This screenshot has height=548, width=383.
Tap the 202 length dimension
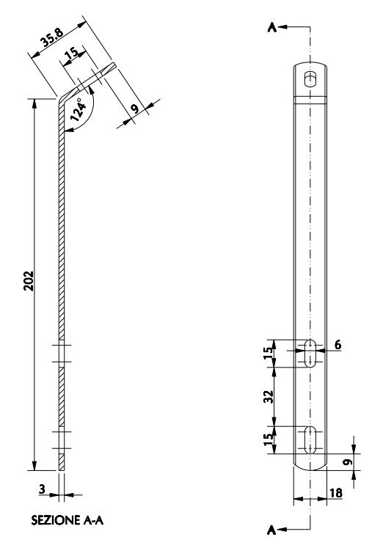pos(26,282)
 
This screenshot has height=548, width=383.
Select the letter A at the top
pos(272,27)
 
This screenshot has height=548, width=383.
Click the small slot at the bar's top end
pos(311,77)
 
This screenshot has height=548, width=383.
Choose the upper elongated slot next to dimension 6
pos(311,353)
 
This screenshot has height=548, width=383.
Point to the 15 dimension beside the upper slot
pos(269,353)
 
